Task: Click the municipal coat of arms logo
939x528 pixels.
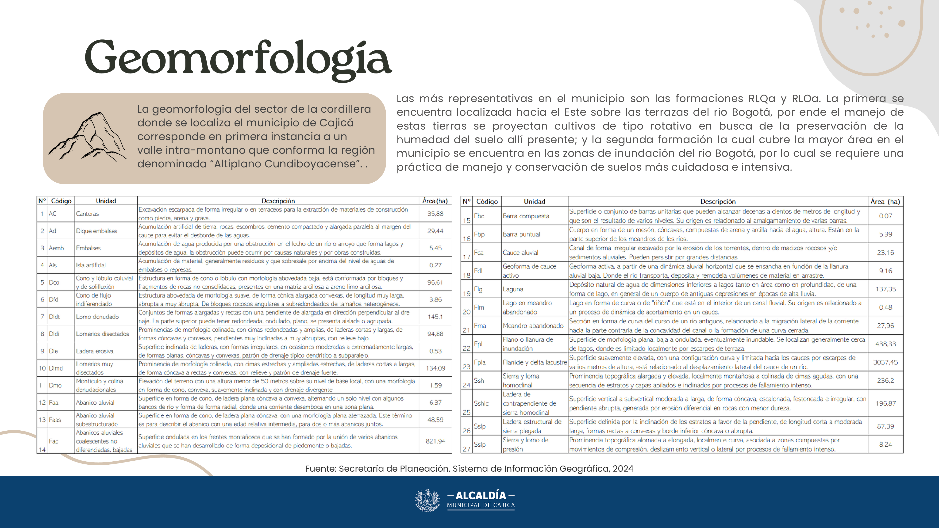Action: click(427, 500)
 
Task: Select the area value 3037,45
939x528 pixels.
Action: click(885, 362)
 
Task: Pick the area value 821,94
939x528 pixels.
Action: click(435, 441)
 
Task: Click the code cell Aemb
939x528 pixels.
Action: click(57, 248)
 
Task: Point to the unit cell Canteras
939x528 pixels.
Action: click(88, 214)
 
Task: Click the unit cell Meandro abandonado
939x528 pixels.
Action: click(533, 326)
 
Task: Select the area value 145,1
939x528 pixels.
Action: click(435, 317)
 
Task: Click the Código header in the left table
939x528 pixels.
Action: click(61, 201)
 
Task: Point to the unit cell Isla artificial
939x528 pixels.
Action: click(91, 265)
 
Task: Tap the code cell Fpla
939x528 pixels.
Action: click(480, 362)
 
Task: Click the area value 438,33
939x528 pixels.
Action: click(885, 344)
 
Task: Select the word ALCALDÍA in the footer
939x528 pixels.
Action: click(481, 496)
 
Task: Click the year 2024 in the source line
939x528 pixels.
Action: click(623, 469)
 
